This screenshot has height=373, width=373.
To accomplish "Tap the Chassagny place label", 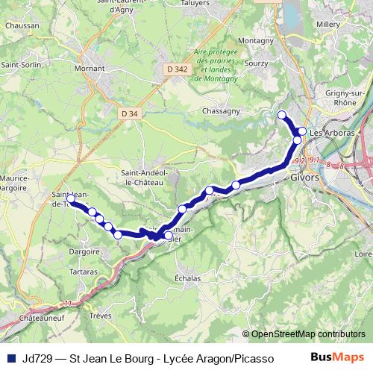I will (x=221, y=111).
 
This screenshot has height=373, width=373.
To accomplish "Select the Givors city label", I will (x=304, y=179).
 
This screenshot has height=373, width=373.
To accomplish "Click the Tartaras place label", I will (x=69, y=272).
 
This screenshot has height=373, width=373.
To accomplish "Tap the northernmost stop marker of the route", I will (x=282, y=115).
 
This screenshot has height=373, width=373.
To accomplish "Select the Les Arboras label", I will (x=327, y=134).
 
